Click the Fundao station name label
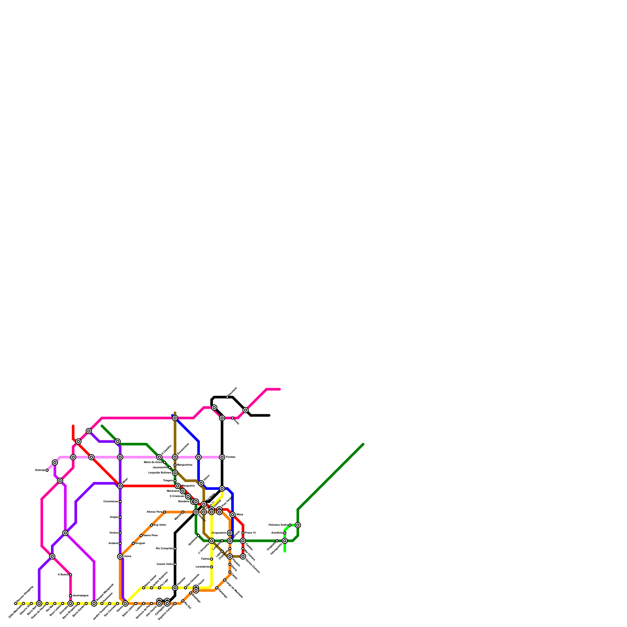(x=230, y=457)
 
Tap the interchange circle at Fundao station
(x=222, y=457)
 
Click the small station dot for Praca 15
(x=243, y=533)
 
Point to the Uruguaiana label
(x=219, y=533)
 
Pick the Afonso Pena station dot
(x=165, y=512)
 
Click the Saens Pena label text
(x=150, y=535)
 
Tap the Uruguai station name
(x=140, y=544)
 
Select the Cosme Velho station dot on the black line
(x=175, y=564)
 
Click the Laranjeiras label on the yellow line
(x=202, y=567)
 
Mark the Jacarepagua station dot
(x=71, y=596)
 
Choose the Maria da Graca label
(x=153, y=462)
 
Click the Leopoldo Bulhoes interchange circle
(x=175, y=473)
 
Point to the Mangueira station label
(x=188, y=486)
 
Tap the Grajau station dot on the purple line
(x=120, y=517)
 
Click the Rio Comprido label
(x=165, y=549)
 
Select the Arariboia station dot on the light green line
(x=285, y=533)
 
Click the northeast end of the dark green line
(x=363, y=444)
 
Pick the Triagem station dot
(x=175, y=481)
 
